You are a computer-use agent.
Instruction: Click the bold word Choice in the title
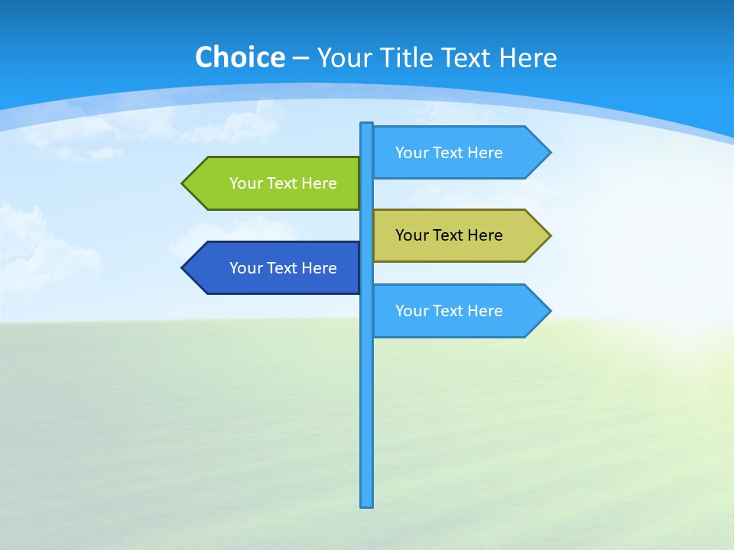(x=239, y=57)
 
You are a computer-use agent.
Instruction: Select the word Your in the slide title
(x=343, y=57)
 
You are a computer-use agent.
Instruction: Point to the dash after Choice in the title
(x=300, y=58)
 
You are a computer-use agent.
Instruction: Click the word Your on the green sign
(x=246, y=183)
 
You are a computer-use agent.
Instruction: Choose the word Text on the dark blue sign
(x=284, y=268)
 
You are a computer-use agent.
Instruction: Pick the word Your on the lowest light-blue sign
(x=412, y=311)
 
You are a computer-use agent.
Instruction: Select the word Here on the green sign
(x=319, y=183)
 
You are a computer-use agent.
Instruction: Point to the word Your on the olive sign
(x=412, y=235)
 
